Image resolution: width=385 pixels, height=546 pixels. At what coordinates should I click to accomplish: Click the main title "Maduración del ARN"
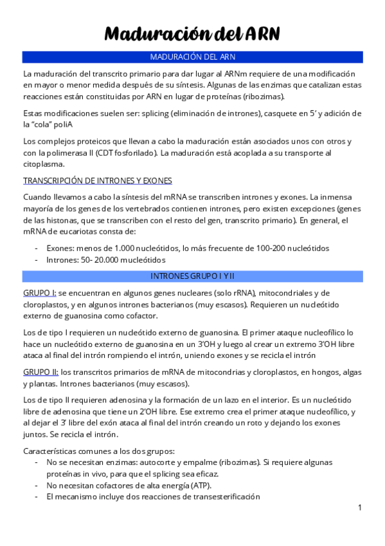tap(192, 33)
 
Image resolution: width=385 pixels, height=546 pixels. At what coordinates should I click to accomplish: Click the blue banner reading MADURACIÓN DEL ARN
tap(192, 57)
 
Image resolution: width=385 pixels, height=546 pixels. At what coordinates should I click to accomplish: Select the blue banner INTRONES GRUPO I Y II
tap(192, 276)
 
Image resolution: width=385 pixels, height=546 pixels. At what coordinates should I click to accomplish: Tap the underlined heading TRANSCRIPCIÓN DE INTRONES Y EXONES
tap(97, 180)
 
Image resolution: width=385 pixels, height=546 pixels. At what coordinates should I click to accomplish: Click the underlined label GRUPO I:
tap(39, 293)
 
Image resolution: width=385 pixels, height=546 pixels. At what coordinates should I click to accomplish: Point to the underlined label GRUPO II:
tap(41, 372)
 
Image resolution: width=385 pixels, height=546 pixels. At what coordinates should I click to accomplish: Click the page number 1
tap(360, 508)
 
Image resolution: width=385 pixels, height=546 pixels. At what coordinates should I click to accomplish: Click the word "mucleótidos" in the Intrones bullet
tap(143, 259)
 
